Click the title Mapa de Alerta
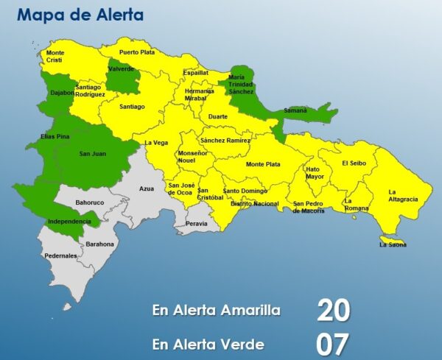tap(80, 15)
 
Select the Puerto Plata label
tap(138, 52)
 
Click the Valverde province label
tap(121, 68)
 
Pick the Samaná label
tap(295, 110)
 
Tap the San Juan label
tap(93, 154)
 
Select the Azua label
tap(146, 189)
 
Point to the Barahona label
tap(100, 244)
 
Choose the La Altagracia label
tap(403, 196)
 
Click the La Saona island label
tap(393, 244)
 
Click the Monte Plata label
tap(263, 164)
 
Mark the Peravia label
tap(197, 222)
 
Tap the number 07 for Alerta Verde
tap(333, 344)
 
